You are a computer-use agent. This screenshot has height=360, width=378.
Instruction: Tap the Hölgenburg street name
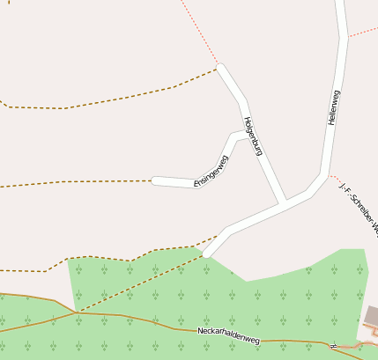point(253,136)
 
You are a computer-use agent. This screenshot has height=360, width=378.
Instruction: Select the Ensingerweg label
point(211,171)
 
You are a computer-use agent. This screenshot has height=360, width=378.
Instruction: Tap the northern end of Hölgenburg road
point(220,67)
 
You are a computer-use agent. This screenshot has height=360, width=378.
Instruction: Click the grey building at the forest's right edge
point(372,315)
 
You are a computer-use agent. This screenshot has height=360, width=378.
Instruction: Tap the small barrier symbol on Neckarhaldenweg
point(333,345)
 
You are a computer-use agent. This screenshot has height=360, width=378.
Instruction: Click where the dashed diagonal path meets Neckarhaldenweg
point(78,311)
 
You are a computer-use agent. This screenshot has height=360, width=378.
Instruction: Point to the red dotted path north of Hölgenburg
point(198,32)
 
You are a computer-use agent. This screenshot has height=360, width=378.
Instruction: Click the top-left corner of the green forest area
point(70,260)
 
